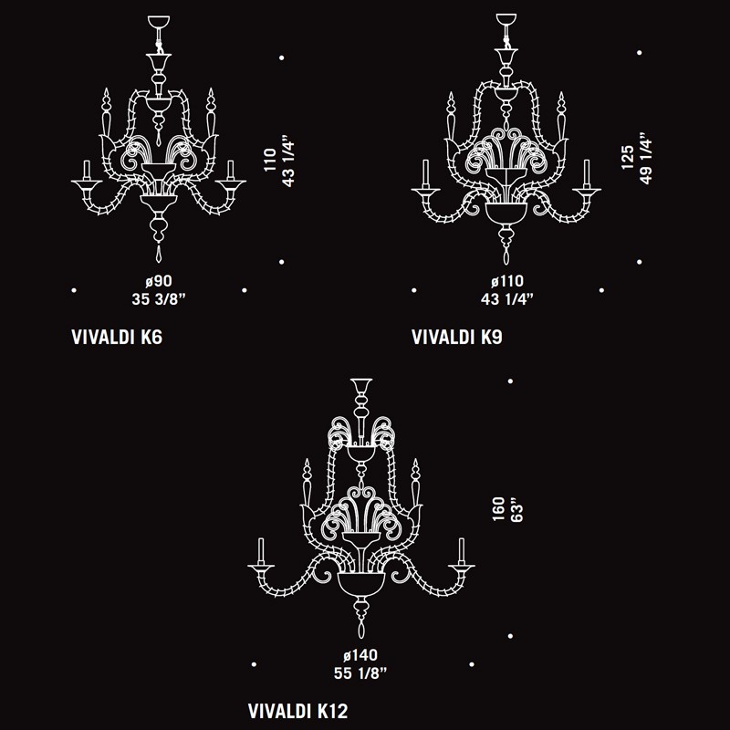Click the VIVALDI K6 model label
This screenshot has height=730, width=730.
[117, 337]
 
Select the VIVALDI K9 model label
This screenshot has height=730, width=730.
[457, 337]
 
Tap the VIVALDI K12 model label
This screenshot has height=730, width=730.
[298, 711]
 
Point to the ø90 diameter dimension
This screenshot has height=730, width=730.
[159, 281]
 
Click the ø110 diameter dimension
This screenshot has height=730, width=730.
[507, 281]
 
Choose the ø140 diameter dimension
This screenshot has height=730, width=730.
[360, 655]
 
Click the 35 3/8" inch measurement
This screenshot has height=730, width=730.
[159, 299]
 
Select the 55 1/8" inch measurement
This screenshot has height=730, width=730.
[360, 673]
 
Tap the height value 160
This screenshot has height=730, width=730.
[498, 509]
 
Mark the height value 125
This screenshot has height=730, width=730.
[627, 157]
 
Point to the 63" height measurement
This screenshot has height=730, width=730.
[516, 510]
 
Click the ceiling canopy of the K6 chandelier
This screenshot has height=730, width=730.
[159, 21]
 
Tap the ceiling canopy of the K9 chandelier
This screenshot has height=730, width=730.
[506, 19]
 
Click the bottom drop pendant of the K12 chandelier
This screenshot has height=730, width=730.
[361, 630]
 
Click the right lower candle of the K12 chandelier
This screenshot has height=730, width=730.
[462, 552]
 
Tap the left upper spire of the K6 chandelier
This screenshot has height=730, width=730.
[107, 111]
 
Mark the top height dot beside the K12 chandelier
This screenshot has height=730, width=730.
[510, 381]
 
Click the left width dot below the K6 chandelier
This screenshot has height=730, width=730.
[74, 290]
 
